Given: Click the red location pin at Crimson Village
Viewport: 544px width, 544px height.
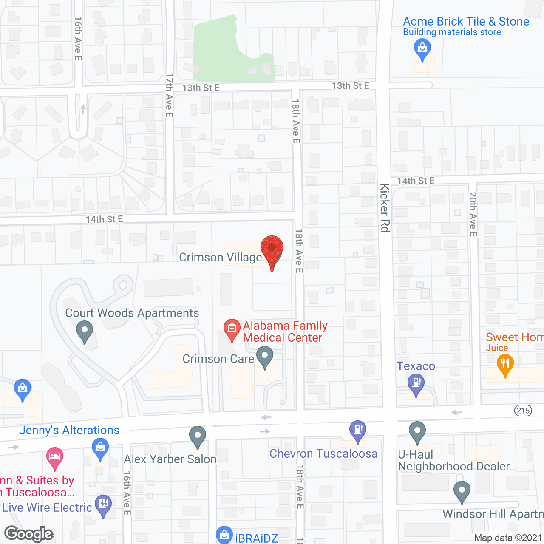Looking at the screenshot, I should pyautogui.click(x=272, y=249).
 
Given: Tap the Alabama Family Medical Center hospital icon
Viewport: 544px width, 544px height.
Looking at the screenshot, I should pyautogui.click(x=232, y=329).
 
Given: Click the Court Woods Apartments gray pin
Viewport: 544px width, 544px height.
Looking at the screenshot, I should pyautogui.click(x=85, y=331).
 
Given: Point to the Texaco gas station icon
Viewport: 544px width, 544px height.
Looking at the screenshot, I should pyautogui.click(x=416, y=384).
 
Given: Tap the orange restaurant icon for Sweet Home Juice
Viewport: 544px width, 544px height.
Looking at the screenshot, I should pyautogui.click(x=505, y=365).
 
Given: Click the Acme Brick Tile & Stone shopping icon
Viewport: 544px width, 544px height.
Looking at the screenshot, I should pyautogui.click(x=422, y=49).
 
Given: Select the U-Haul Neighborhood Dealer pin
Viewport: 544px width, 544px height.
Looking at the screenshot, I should pyautogui.click(x=417, y=431).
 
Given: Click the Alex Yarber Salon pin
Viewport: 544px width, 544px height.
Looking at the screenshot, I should pyautogui.click(x=198, y=436).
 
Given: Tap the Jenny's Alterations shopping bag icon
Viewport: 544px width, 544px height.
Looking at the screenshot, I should pyautogui.click(x=100, y=449).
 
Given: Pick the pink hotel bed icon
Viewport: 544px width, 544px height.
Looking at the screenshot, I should pyautogui.click(x=55, y=457).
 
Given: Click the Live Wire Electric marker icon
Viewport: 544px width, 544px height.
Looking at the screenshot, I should pyautogui.click(x=103, y=505).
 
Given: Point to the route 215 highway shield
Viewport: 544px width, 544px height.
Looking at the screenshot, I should pyautogui.click(x=523, y=411).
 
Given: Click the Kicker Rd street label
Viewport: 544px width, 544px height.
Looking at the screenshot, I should pyautogui.click(x=385, y=208).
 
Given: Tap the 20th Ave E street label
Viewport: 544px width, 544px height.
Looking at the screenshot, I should pyautogui.click(x=473, y=214).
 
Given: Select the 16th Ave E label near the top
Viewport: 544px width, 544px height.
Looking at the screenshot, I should pyautogui.click(x=78, y=39).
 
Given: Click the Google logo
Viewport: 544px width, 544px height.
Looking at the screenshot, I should pyautogui.click(x=29, y=534).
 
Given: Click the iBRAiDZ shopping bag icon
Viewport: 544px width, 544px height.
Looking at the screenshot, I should pyautogui.click(x=224, y=535).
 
